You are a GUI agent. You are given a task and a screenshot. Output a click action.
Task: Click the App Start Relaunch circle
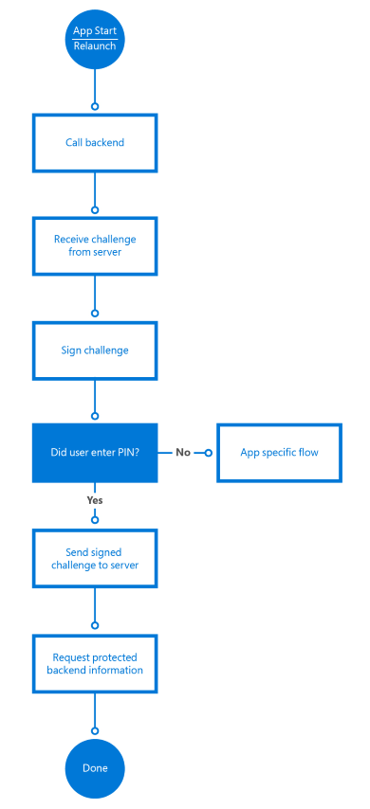(95, 39)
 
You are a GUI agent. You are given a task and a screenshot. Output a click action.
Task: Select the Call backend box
(95, 143)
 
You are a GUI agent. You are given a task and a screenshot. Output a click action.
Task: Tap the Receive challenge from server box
(95, 245)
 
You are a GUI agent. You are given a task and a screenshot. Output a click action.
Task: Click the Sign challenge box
(95, 350)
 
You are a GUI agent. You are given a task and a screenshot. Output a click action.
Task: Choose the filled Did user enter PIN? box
(95, 452)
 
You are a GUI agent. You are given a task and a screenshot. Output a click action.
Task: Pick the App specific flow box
(279, 452)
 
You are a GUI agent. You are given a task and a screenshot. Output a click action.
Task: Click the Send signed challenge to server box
(95, 559)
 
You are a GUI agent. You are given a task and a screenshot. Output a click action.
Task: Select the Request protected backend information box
(95, 663)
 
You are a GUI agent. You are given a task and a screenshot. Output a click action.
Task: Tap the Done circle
(95, 768)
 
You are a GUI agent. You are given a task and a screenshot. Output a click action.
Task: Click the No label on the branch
(184, 452)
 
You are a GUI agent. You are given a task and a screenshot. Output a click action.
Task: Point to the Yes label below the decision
(95, 499)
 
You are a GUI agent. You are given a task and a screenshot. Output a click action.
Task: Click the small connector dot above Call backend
(95, 106)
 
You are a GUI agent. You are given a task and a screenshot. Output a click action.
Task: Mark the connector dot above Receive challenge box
(95, 209)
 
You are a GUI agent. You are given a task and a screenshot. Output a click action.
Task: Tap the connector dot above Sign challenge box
(95, 313)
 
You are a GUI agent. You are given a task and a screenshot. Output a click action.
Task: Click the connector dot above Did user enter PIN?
(95, 415)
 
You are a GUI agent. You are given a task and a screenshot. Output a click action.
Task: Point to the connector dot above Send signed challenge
(95, 519)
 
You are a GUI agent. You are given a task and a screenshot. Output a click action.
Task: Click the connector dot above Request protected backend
(95, 626)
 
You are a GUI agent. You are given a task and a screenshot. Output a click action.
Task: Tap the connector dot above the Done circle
(95, 730)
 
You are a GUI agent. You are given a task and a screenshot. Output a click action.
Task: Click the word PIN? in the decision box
(127, 452)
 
